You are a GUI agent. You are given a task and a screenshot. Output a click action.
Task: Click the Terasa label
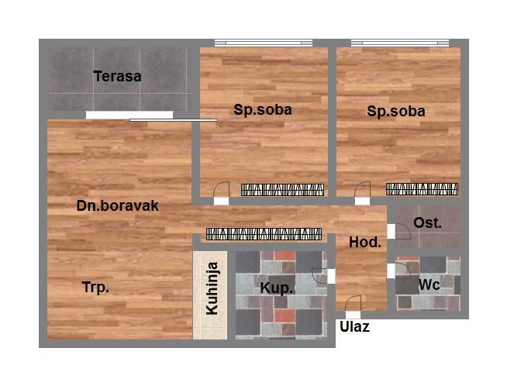[117, 76]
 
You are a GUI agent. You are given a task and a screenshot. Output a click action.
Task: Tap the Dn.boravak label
[117, 205]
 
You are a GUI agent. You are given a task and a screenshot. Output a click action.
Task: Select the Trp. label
[95, 287]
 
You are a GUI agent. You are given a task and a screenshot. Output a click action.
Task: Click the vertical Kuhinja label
[212, 288]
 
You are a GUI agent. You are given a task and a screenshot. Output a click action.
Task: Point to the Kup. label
[277, 288]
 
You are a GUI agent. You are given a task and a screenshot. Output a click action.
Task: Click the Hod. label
[365, 242]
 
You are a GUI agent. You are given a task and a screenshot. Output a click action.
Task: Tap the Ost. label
[427, 222]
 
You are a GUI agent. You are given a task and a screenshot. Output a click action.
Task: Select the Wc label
[429, 284]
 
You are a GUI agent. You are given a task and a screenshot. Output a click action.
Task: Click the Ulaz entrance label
[354, 327]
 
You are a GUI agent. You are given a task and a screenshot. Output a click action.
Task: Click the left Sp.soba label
[263, 110]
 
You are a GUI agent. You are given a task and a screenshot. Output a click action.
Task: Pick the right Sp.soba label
[396, 111]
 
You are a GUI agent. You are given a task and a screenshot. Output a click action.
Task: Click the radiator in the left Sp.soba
[283, 190]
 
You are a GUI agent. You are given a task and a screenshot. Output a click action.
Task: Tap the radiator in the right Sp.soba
[422, 189]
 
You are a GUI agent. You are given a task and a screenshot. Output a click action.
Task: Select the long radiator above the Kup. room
[264, 234]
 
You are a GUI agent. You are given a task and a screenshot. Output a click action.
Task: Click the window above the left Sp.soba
[264, 43]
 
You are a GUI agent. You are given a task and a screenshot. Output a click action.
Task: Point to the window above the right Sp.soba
[400, 43]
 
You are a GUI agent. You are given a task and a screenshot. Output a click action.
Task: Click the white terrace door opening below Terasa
[129, 115]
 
